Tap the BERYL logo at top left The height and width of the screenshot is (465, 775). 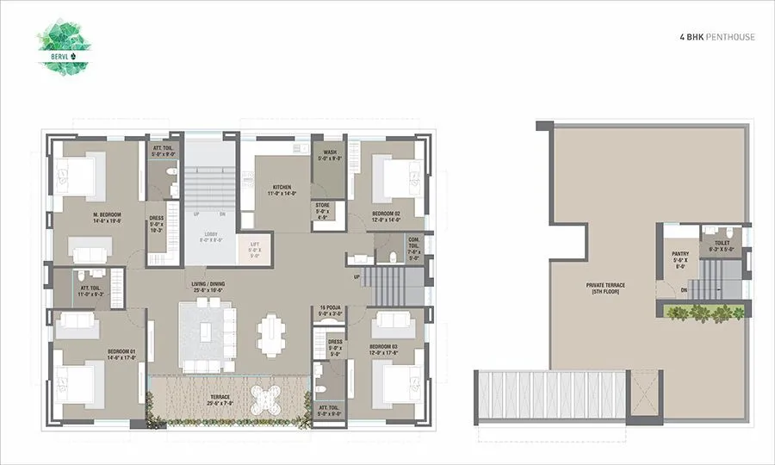(65, 46)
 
